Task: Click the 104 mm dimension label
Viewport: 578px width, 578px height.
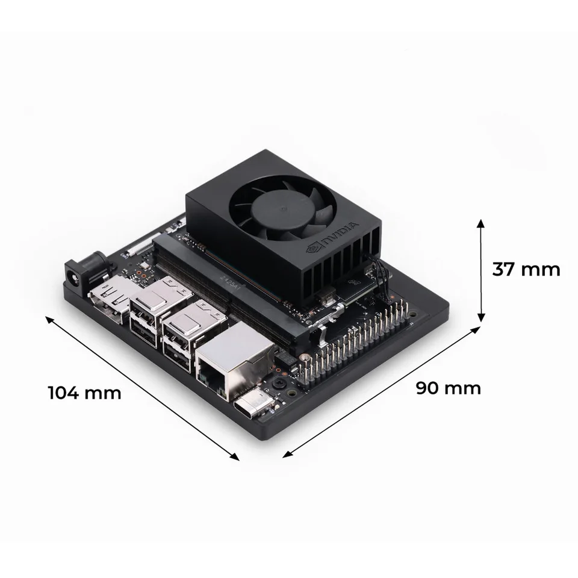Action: (x=84, y=393)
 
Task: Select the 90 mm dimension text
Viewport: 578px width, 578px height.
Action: (x=449, y=388)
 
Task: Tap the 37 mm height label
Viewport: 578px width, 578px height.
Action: (x=526, y=269)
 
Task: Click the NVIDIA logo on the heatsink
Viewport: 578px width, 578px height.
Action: (x=333, y=238)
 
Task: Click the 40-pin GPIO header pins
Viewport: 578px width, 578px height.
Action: (x=355, y=343)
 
